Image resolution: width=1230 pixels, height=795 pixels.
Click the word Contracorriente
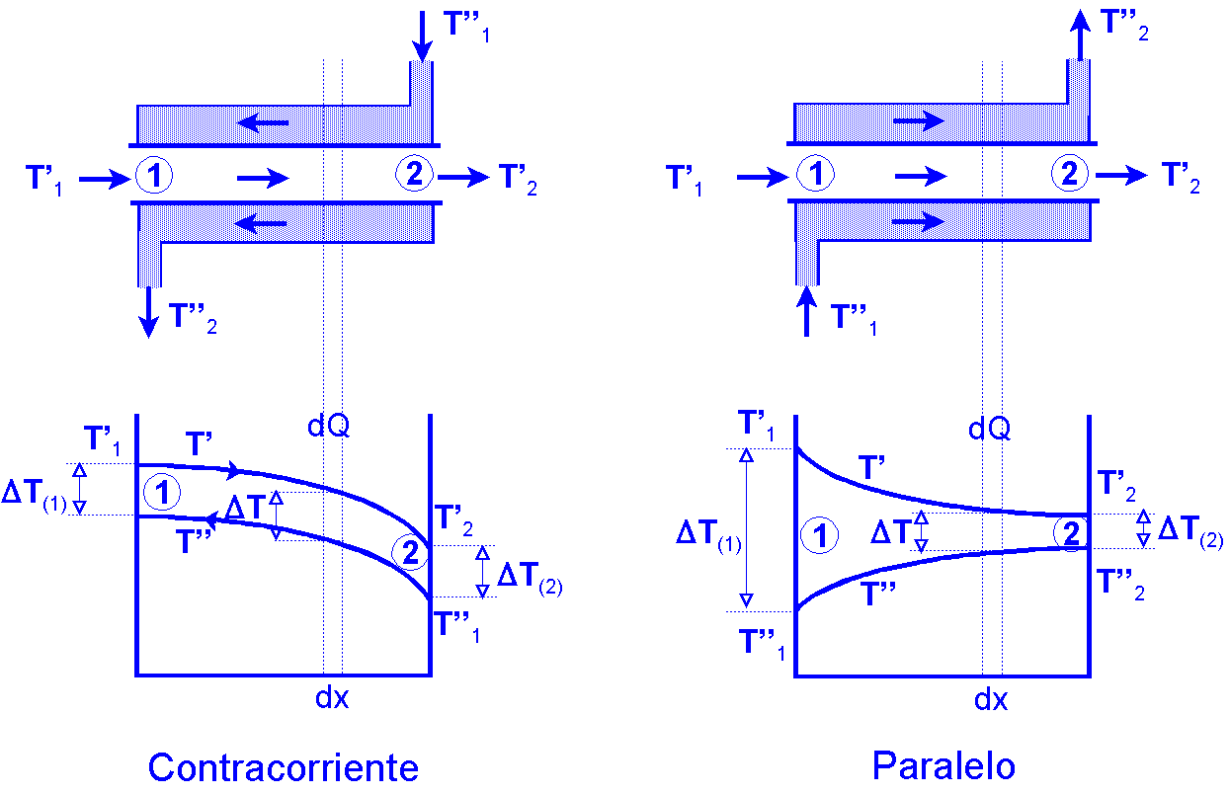click(283, 767)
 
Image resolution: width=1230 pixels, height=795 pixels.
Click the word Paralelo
click(943, 765)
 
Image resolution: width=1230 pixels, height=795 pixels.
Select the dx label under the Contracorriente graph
click(332, 697)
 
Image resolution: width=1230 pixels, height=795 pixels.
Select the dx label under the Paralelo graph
click(991, 700)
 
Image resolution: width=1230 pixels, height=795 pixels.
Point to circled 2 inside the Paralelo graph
click(1068, 533)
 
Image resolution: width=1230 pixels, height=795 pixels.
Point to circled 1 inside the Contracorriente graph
click(161, 490)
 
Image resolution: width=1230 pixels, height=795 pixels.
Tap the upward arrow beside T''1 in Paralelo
click(807, 310)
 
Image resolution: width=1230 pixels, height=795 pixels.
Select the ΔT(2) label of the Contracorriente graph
click(530, 577)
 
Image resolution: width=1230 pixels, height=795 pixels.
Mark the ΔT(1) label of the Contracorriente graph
click(34, 495)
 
